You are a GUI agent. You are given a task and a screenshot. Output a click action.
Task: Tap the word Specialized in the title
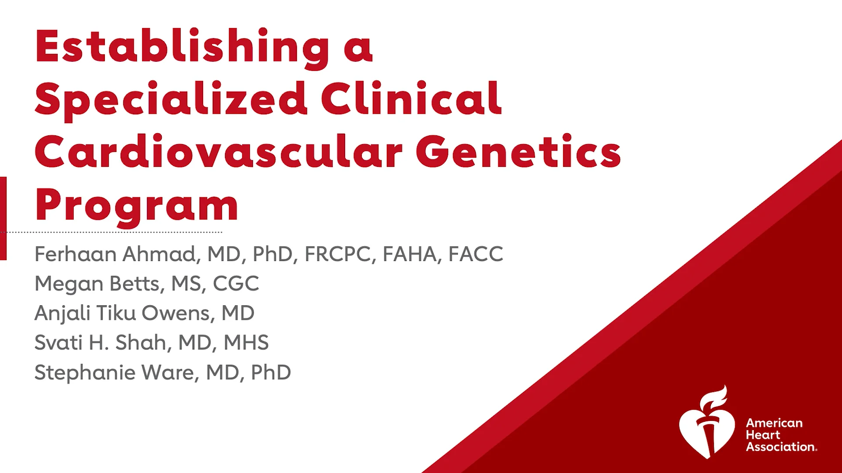click(x=171, y=100)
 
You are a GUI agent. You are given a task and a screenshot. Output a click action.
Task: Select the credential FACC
click(x=476, y=254)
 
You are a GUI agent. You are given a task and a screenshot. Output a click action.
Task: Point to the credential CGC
click(x=236, y=284)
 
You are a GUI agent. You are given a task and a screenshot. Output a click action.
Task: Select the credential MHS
click(x=246, y=342)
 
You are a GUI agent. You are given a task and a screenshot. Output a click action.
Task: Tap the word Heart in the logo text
click(x=763, y=435)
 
